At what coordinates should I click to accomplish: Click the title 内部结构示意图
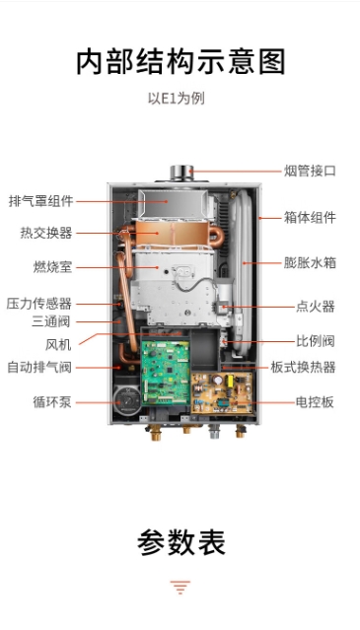(x=180, y=61)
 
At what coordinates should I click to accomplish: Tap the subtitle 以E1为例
(x=177, y=98)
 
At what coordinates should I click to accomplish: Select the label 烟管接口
(x=310, y=171)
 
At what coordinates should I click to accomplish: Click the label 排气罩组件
(x=41, y=201)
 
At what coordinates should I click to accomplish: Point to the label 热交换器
(x=46, y=233)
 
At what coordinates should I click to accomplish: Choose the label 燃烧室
(x=52, y=267)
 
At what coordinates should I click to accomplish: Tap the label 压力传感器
(x=39, y=304)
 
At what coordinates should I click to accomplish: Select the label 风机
(x=58, y=345)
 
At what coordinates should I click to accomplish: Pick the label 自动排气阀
(x=39, y=367)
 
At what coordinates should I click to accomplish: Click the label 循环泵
(x=52, y=402)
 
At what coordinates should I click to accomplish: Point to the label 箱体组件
(x=310, y=218)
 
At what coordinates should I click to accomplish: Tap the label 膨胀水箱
(x=310, y=263)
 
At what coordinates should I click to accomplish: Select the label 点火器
(x=316, y=307)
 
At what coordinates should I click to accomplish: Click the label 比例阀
(x=316, y=341)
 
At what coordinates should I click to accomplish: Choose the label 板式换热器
(x=303, y=367)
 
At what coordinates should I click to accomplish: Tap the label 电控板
(x=315, y=402)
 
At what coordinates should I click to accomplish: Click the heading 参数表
(x=180, y=542)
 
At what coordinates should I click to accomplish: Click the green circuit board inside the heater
(x=166, y=373)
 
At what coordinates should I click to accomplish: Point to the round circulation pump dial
(x=127, y=400)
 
